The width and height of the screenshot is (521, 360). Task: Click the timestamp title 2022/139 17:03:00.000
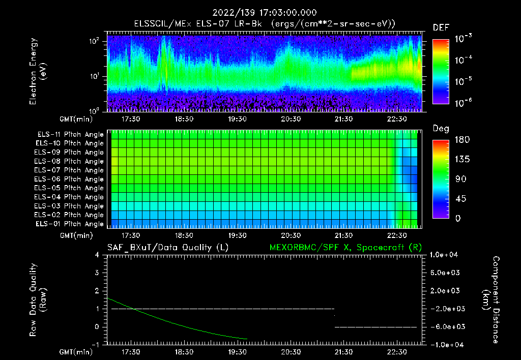(260, 13)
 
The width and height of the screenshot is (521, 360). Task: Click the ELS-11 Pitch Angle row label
(70, 135)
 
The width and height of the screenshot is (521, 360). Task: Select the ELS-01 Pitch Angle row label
(70, 224)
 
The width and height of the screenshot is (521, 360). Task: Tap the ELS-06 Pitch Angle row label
(70, 179)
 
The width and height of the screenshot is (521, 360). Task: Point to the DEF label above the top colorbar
(441, 27)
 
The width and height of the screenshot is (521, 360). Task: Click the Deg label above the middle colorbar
(441, 129)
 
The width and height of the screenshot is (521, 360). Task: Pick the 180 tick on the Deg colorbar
(441, 140)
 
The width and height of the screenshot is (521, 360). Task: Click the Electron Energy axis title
(38, 71)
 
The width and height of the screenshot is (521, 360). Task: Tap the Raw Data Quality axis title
(38, 300)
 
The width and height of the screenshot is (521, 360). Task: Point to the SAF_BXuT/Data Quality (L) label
(167, 248)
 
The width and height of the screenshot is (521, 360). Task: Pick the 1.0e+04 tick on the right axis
(446, 255)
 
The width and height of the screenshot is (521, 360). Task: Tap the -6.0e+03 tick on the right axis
(446, 326)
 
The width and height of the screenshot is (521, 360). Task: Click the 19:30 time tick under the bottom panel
(237, 352)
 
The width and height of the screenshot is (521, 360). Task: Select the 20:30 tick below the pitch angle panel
(291, 235)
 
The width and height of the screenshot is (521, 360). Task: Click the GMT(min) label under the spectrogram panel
(77, 119)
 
